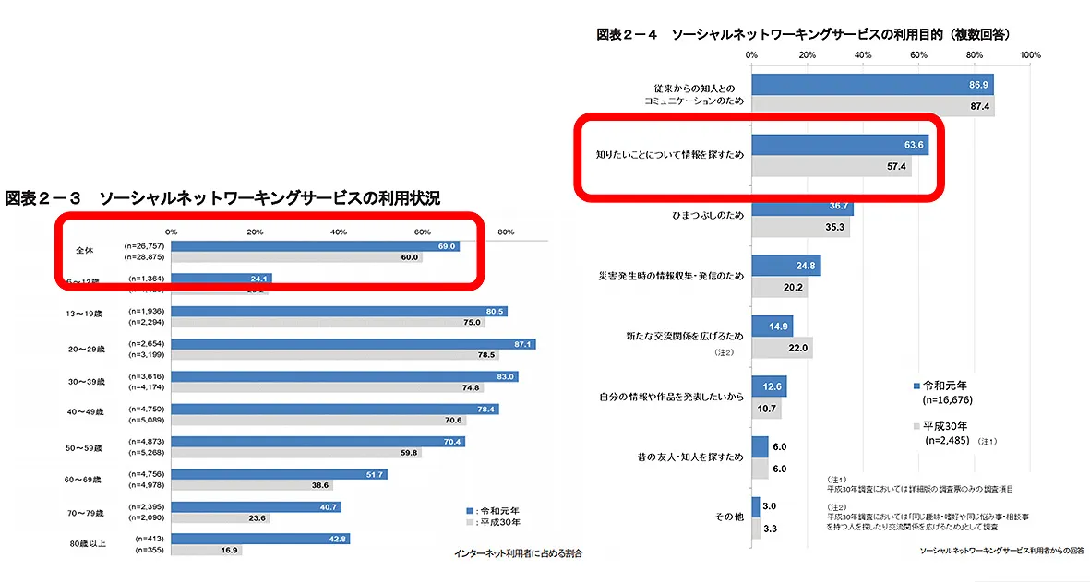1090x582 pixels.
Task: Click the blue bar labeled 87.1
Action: (x=353, y=344)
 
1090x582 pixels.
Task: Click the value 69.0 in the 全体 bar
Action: (x=447, y=246)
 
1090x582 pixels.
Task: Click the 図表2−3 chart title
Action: (x=222, y=198)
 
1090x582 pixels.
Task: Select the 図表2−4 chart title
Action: (x=803, y=34)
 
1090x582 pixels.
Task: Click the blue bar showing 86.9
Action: (x=872, y=85)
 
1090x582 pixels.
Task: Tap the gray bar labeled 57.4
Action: (x=831, y=168)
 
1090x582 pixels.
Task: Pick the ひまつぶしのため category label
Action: (x=704, y=213)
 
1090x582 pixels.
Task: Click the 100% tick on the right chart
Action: (x=1030, y=55)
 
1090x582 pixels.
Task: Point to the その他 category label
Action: (x=729, y=518)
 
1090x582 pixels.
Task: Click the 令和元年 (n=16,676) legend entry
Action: (x=941, y=393)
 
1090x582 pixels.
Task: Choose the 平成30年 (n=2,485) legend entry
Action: (x=941, y=434)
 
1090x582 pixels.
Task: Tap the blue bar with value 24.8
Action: (x=785, y=266)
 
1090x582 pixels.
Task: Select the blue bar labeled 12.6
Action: (x=769, y=386)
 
